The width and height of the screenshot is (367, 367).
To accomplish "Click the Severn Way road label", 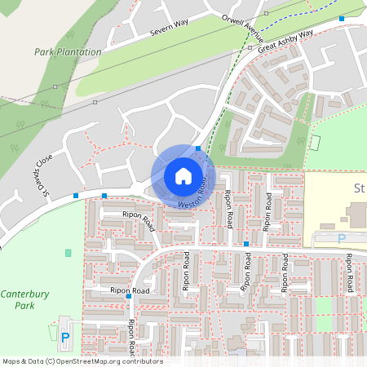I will pos(169,29).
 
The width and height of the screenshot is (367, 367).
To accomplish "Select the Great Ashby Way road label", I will pos(285,42).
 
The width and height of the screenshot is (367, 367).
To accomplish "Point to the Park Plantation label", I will pos(68,51).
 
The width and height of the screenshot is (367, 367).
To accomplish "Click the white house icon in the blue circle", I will pos(183,175).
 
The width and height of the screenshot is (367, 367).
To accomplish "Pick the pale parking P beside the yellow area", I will pos(342,238).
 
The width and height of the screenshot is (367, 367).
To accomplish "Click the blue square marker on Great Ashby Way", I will pos(342,18).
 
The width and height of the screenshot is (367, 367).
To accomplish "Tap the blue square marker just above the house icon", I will pos(198,148).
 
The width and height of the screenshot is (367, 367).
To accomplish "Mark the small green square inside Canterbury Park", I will pos(68,253).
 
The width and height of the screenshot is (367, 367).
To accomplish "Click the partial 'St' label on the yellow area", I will pos(359,188).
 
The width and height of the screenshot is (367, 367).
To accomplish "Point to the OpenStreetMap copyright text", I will pos(82,360).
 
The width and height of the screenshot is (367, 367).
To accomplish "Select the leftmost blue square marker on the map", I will pos(76,195).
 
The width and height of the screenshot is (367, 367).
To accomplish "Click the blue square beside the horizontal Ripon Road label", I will pos(129,296).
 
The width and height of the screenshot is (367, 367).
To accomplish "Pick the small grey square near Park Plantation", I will pos(95,102).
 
